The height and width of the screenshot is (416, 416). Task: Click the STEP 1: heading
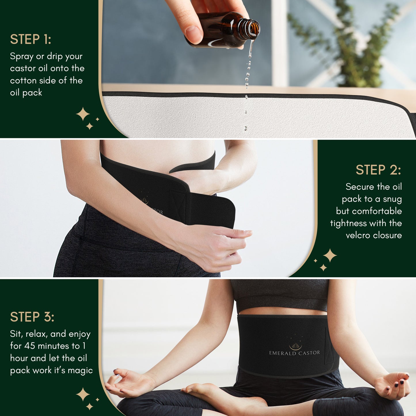pyautogui.click(x=31, y=39)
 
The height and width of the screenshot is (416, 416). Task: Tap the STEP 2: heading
pyautogui.click(x=378, y=170)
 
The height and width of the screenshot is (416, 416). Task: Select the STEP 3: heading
pyautogui.click(x=32, y=317)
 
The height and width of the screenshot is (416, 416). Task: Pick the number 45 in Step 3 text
pyautogui.click(x=30, y=346)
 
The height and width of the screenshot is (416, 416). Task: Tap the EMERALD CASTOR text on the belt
pyautogui.click(x=294, y=353)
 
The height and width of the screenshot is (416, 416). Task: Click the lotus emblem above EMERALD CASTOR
pyautogui.click(x=295, y=345)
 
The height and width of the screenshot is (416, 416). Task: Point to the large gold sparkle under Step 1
pyautogui.click(x=83, y=114)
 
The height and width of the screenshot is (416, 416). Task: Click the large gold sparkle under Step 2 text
pyautogui.click(x=330, y=255)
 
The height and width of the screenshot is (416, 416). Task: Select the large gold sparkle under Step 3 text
pyautogui.click(x=83, y=394)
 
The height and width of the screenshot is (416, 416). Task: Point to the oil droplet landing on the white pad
pyautogui.click(x=246, y=128)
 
